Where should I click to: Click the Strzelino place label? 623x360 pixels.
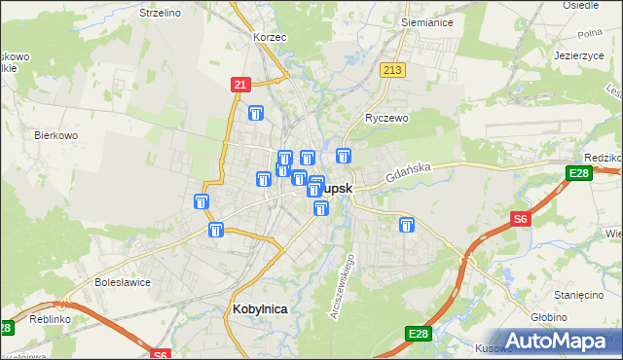point(161,13)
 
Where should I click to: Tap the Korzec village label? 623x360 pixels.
point(269,36)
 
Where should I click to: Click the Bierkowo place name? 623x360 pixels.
point(55,135)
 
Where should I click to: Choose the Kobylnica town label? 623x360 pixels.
point(261,308)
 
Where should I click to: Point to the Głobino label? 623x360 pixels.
point(577,316)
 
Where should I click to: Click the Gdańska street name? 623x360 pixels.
point(407,173)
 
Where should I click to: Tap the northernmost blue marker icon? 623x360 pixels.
point(256,114)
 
